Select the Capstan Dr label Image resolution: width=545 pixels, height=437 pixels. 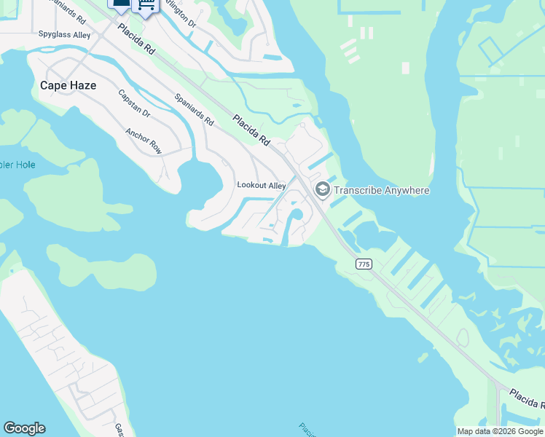pos(134,103)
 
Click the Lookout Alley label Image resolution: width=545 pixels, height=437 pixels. pos(262,185)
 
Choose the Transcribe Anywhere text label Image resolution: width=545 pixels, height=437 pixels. pos(382,191)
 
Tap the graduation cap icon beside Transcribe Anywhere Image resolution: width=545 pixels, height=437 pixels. pos(321,190)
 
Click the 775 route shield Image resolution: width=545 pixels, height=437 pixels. pos(364,264)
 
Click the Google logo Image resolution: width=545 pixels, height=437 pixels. pos(24,428)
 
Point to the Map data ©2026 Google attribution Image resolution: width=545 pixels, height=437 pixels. pos(500,431)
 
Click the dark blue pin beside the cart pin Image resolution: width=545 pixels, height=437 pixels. pos(120,4)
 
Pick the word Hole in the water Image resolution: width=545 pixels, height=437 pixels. pos(24,165)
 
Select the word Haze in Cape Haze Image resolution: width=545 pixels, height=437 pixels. pos(82,85)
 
